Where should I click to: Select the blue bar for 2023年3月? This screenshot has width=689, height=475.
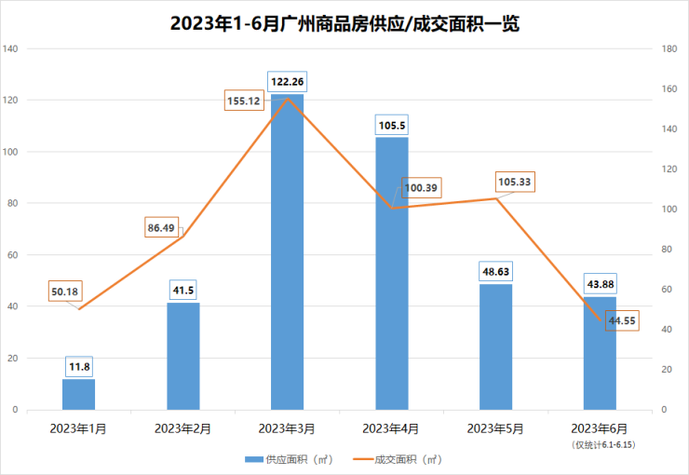click(x=287, y=251)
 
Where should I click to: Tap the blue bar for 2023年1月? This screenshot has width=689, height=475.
click(x=78, y=394)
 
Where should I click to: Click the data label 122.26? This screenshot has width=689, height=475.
click(x=287, y=82)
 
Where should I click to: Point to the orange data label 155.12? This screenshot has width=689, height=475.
click(x=243, y=101)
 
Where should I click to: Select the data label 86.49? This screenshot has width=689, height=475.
click(x=167, y=227)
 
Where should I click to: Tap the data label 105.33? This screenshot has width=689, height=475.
click(x=515, y=182)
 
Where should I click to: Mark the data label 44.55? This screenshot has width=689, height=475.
click(x=621, y=321)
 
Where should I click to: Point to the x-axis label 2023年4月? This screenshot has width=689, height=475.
click(x=391, y=428)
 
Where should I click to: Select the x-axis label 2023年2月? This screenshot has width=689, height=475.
click(x=182, y=428)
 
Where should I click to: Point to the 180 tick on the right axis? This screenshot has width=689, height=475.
click(x=669, y=48)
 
